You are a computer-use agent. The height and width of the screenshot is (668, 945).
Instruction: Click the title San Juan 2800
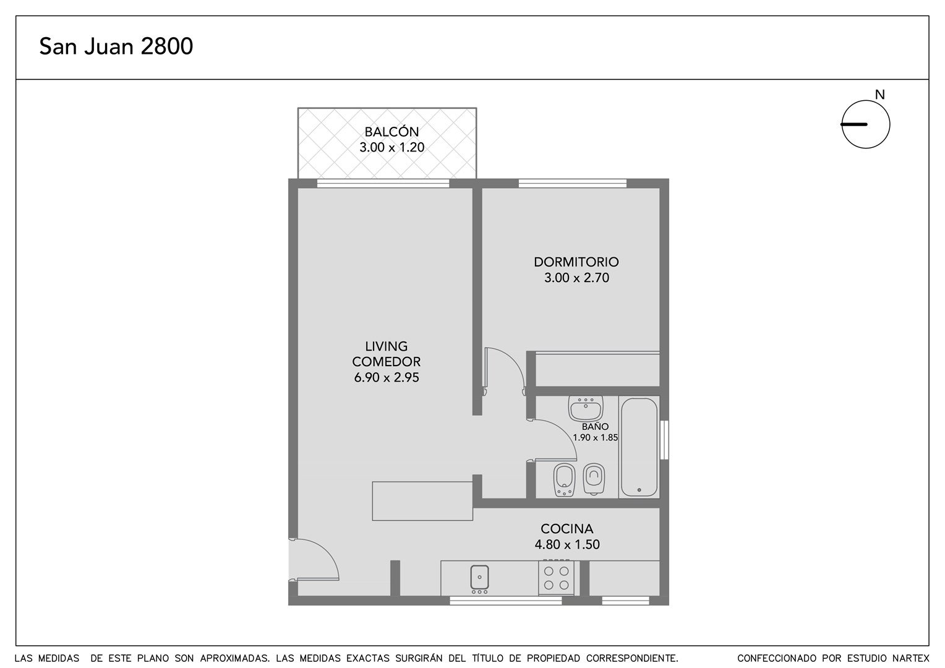click(116, 46)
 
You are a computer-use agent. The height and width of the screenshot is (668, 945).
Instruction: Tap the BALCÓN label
click(391, 132)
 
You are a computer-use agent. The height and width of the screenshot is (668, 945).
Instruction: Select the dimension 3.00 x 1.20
click(391, 147)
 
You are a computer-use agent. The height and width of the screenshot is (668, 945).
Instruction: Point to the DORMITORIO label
click(576, 262)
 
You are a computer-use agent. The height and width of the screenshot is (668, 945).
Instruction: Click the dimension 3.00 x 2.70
click(576, 278)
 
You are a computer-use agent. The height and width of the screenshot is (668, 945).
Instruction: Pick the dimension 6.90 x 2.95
click(387, 377)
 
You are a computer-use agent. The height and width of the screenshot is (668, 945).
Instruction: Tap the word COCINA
click(567, 529)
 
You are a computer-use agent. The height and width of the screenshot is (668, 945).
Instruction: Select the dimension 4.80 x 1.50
click(567, 544)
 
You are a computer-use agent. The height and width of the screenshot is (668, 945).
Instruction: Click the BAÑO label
click(595, 427)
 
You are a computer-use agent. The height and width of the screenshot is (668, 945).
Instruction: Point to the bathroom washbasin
click(585, 408)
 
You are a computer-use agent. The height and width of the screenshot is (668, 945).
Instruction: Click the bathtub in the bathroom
click(639, 447)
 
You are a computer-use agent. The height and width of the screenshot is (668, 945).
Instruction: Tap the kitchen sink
click(479, 577)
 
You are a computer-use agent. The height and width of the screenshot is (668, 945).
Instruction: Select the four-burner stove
click(556, 577)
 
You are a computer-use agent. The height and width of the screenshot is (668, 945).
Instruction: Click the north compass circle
click(866, 124)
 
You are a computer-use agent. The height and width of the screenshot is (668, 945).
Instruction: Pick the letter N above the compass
click(879, 95)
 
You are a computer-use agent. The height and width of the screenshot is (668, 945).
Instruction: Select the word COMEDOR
click(387, 362)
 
